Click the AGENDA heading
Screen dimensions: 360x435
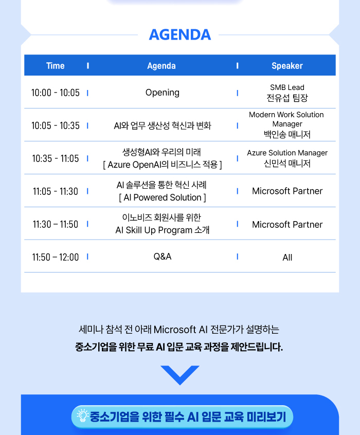[180, 34]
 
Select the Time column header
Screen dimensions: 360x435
[55, 66]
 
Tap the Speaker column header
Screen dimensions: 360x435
[287, 66]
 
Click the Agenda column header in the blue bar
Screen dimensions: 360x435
[161, 66]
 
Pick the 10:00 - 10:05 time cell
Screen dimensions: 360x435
[55, 93]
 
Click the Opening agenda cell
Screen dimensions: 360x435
[163, 93]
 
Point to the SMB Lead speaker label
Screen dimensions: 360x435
[287, 87]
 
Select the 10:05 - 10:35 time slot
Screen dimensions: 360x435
[55, 125]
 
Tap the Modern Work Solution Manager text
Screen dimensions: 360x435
[286, 119]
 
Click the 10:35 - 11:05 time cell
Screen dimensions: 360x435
[55, 159]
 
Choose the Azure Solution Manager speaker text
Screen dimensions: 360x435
[287, 153]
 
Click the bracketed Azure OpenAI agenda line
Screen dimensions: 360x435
[163, 165]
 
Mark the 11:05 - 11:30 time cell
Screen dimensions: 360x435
[55, 191]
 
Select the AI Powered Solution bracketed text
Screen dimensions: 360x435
[163, 197]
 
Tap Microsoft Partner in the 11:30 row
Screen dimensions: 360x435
[287, 224]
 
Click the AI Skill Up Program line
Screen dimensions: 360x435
[163, 230]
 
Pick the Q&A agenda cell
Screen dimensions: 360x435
[163, 257]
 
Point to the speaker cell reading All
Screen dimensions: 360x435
[287, 258]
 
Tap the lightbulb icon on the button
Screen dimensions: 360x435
[82, 415]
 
